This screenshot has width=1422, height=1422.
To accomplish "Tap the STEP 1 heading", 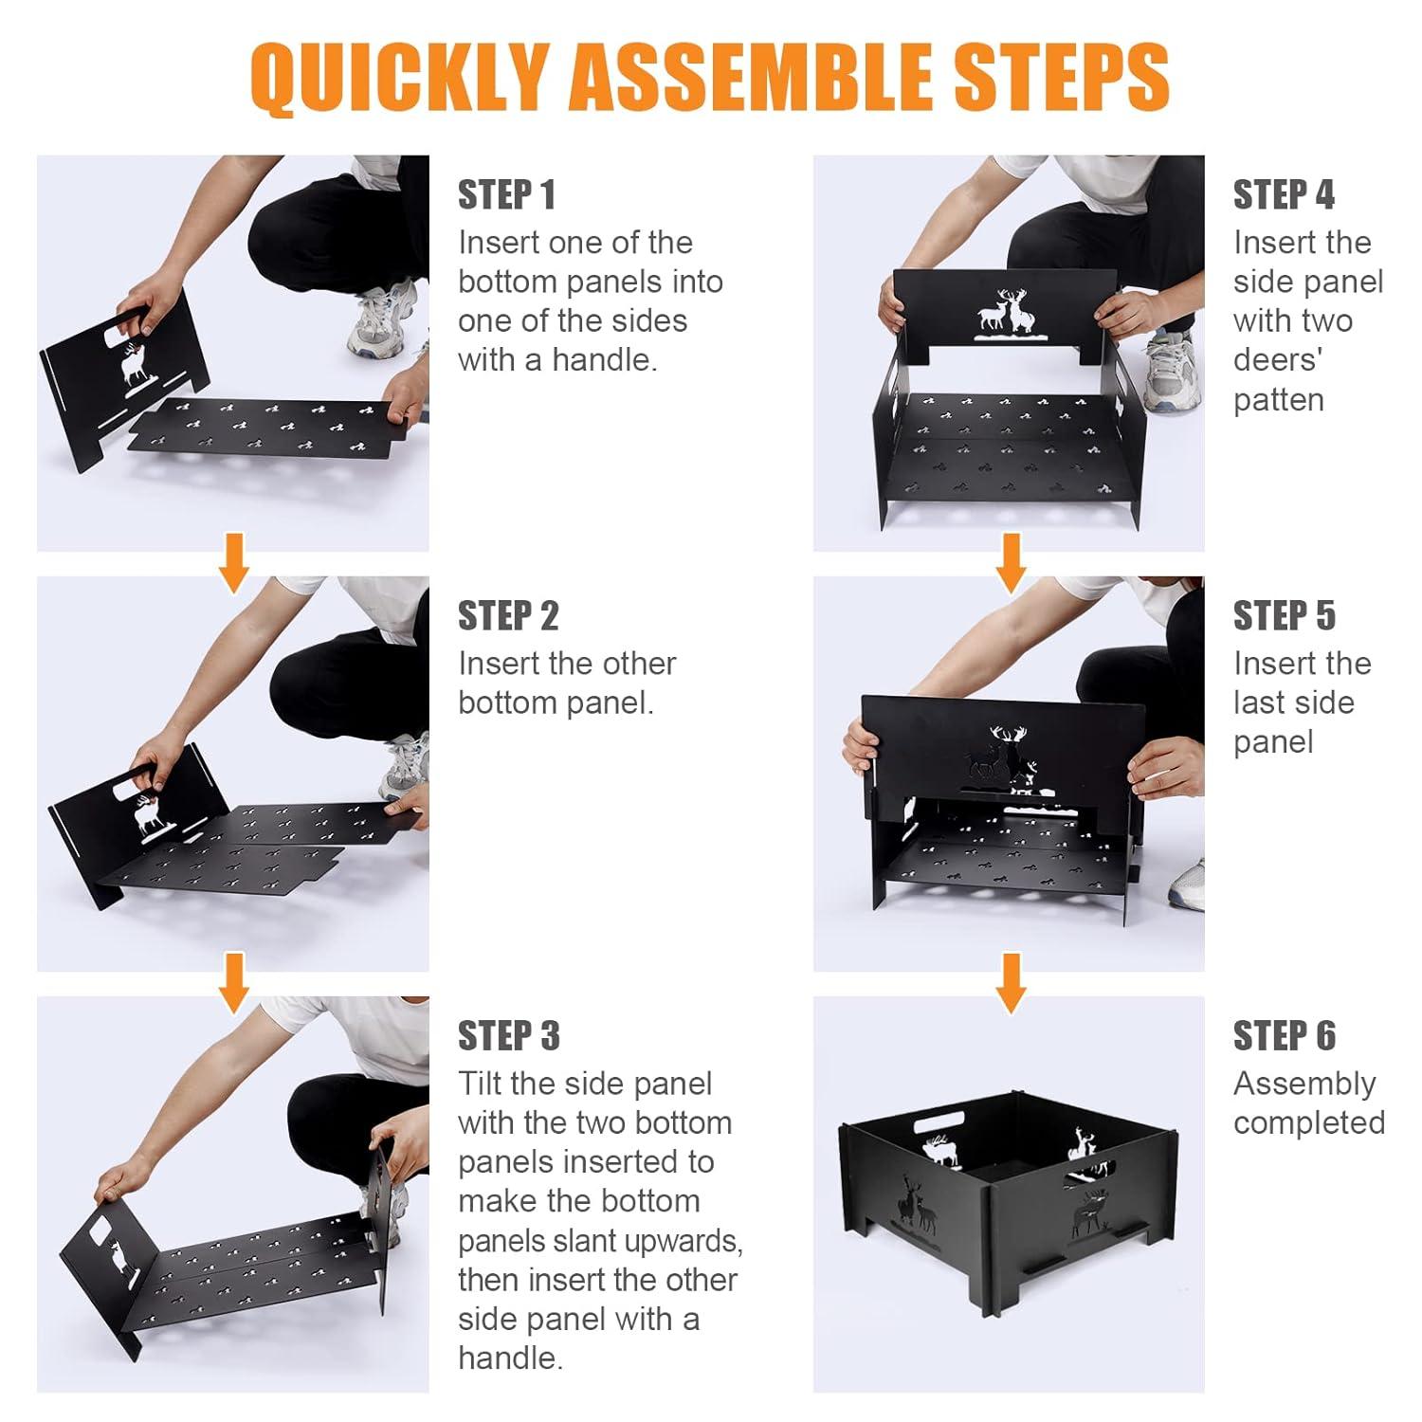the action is point(506,195).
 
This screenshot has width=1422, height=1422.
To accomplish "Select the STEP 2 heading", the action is point(508,616).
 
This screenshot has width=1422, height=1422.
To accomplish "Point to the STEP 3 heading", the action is point(509,1036).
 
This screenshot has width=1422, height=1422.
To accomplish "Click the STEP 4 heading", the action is point(1284,195).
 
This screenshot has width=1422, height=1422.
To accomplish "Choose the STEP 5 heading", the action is point(1284,616).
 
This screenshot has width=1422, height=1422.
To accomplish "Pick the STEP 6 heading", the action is point(1284,1036).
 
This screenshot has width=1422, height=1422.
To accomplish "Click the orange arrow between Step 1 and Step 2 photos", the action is point(233,563).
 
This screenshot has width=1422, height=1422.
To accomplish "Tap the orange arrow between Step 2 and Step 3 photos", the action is point(233,983).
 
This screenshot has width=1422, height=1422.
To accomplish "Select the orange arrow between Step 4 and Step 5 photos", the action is point(1012,563).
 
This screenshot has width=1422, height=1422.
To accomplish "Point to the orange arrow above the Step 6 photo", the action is point(1012,983).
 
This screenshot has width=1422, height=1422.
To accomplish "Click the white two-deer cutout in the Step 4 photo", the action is point(1004,313).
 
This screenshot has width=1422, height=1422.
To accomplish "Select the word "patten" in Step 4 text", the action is point(1279,401).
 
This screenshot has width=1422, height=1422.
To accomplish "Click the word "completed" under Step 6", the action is point(1309,1123).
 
